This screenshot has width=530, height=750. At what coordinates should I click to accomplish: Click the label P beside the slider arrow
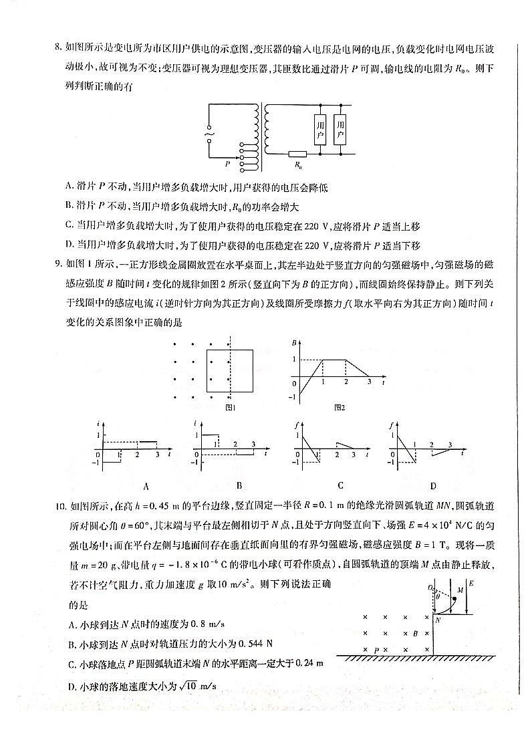(227, 162)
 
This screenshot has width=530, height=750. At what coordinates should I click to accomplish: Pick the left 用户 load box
(320, 129)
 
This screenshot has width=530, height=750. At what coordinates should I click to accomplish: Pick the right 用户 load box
(340, 129)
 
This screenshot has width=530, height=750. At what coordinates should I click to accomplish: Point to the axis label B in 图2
(294, 343)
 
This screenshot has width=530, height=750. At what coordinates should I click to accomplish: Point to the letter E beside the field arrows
(472, 584)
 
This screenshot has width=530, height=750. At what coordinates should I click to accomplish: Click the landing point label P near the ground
(376, 649)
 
